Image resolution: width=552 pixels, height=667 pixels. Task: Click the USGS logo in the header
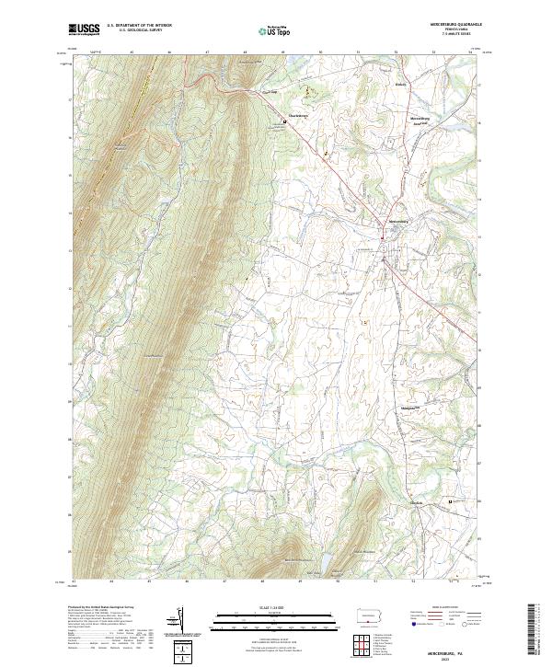pos(85,29)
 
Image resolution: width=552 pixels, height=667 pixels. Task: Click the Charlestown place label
pos(292,115)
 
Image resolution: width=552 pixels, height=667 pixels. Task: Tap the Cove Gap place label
pos(268,92)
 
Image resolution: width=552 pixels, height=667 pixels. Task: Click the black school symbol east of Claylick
pos(450,500)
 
